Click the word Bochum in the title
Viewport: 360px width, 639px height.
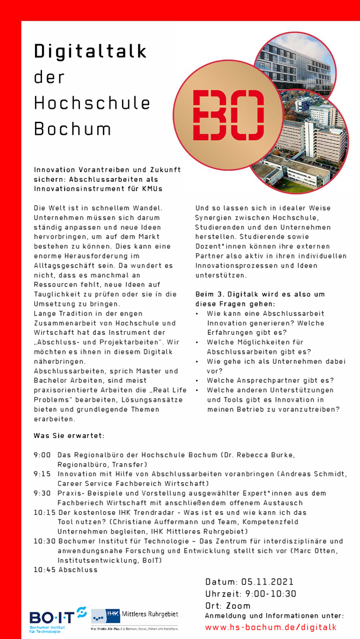pos(72,128)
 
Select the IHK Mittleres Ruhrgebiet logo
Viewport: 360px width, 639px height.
pos(134,615)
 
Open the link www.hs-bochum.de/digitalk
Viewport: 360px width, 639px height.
pos(271,627)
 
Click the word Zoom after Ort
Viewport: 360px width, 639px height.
pos(238,605)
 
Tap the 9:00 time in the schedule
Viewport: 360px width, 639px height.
pos(42,455)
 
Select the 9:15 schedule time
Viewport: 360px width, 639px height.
pos(42,474)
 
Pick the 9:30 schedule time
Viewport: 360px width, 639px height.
pos(42,493)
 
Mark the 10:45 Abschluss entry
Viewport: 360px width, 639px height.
pos(65,569)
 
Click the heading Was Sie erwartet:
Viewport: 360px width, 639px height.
pos(69,436)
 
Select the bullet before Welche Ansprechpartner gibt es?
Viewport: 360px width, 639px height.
pos(197,380)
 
